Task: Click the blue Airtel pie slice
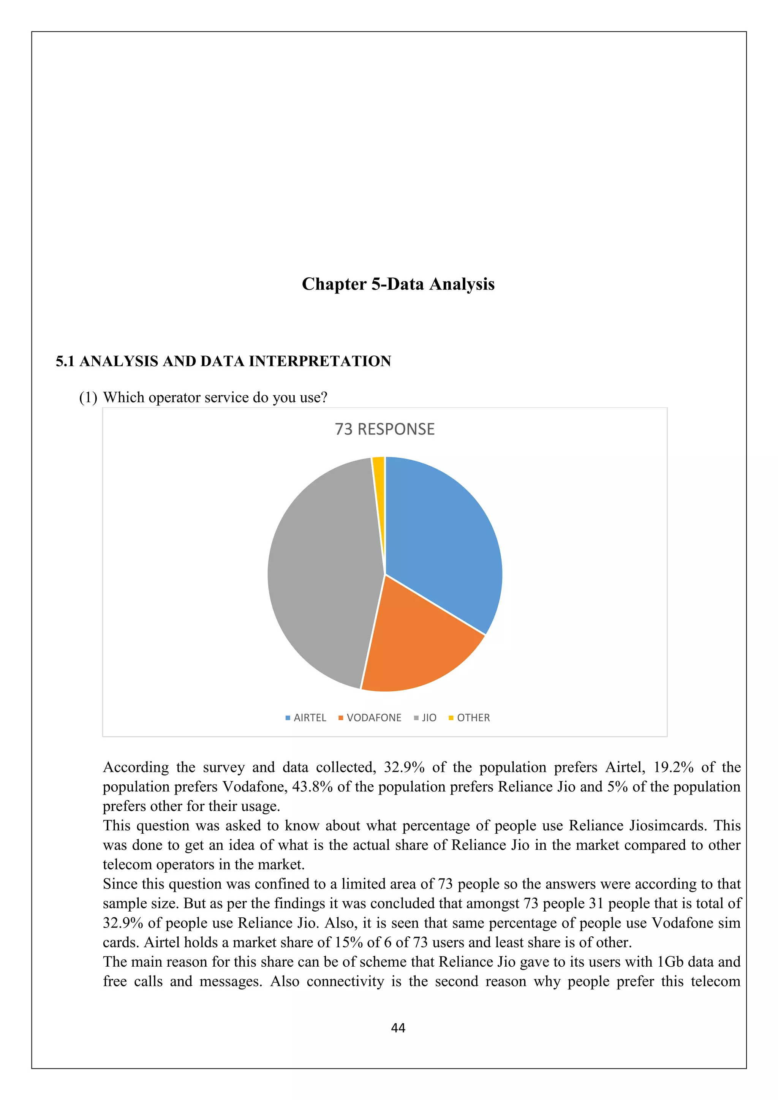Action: tap(441, 537)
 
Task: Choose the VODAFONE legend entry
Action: tap(370, 718)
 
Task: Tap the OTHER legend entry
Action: tap(470, 718)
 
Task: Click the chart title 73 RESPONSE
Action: tap(385, 429)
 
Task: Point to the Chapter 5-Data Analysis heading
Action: tap(398, 284)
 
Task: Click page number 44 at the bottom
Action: tap(398, 1028)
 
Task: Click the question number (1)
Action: tap(88, 398)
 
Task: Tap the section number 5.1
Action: tap(65, 361)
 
